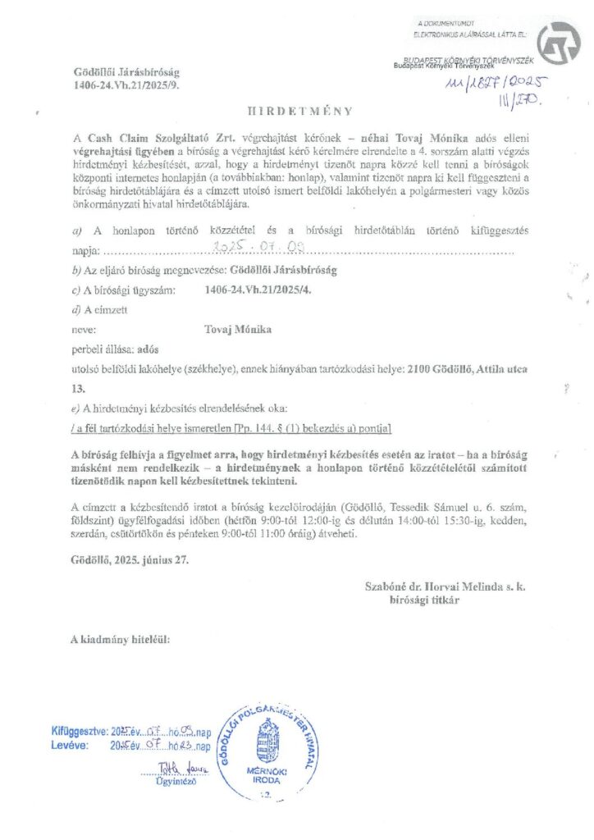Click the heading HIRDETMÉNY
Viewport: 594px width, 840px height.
tap(299, 110)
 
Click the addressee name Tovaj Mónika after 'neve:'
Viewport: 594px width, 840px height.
tap(237, 329)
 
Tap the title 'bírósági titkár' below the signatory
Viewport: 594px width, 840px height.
tap(425, 600)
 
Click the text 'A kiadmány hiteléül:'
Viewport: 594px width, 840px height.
tap(121, 637)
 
